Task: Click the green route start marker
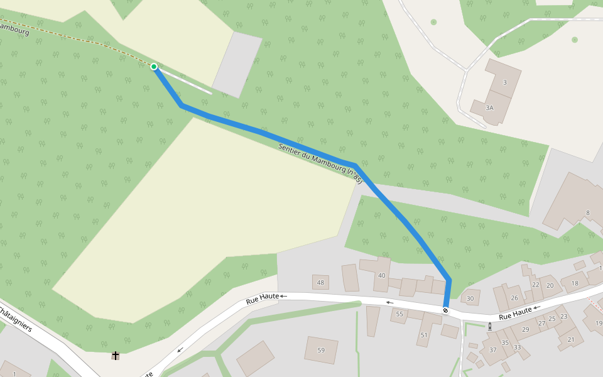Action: [154, 66]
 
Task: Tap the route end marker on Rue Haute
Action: [445, 310]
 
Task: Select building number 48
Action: [320, 283]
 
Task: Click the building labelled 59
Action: [321, 350]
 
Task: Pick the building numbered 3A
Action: [490, 107]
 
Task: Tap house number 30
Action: [470, 298]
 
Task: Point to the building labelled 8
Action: [588, 213]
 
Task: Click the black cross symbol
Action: [116, 356]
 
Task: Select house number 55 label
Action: [399, 314]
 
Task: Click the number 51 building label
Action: [424, 335]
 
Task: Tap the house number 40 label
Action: [381, 275]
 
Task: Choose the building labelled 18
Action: [575, 283]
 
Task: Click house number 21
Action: [571, 339]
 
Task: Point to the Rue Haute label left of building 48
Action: [263, 300]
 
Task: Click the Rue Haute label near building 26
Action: [516, 313]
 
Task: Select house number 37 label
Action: [493, 350]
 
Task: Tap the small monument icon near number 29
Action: [490, 325]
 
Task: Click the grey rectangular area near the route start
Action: [237, 65]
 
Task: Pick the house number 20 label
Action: [550, 285]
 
